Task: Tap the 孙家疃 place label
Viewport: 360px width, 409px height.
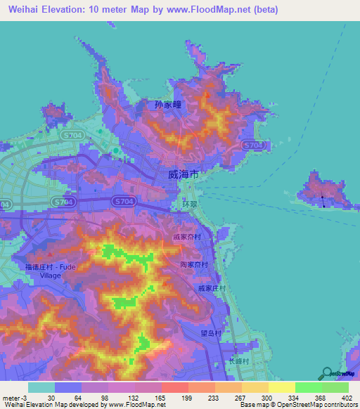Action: click(167, 105)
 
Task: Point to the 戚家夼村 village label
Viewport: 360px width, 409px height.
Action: click(188, 238)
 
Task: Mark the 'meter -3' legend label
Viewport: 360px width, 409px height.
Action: click(15, 397)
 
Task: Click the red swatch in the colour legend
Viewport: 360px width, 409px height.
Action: click(174, 387)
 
